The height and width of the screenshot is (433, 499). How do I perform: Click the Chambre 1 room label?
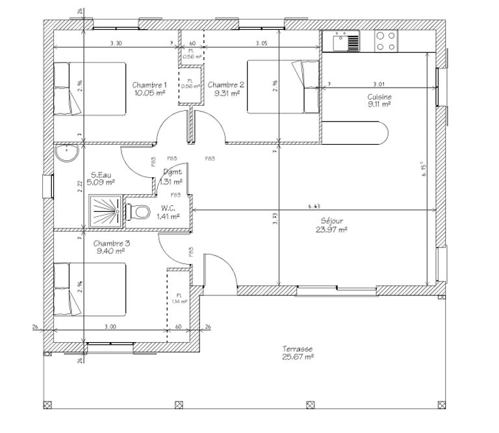click(x=149, y=85)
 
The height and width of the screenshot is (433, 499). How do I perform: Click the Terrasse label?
click(x=298, y=348)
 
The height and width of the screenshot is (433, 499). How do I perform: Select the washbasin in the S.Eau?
click(x=66, y=153)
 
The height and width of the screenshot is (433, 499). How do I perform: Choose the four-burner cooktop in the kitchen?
click(x=385, y=42)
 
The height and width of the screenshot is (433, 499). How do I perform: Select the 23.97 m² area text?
click(x=333, y=229)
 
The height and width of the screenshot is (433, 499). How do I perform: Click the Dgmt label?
click(x=172, y=172)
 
